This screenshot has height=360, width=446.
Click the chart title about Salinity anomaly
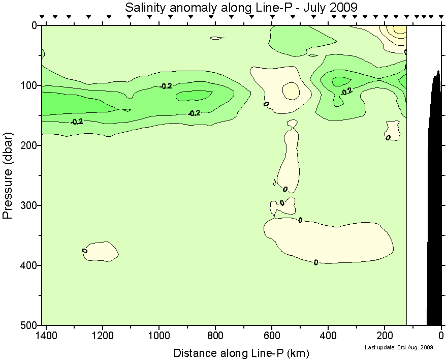[x=241, y=7]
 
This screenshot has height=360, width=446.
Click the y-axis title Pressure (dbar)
[x=8, y=175]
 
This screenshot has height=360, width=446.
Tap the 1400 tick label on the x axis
[x=46, y=336]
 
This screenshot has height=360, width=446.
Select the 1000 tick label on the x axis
[x=160, y=336]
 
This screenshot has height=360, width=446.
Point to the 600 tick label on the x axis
[x=272, y=336]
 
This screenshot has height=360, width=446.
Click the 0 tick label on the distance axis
[x=441, y=336]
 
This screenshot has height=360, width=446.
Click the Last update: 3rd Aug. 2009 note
[x=399, y=348]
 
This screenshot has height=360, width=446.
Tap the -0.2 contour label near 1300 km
[x=77, y=122]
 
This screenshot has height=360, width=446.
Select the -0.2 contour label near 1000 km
[x=166, y=86]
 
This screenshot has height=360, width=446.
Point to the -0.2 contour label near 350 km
[x=346, y=92]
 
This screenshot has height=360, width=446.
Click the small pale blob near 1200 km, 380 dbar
[x=102, y=251]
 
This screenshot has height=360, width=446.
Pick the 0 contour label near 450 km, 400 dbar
[x=316, y=262]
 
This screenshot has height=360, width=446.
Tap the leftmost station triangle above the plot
[x=43, y=17]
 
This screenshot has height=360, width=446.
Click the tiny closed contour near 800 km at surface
[x=217, y=38]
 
